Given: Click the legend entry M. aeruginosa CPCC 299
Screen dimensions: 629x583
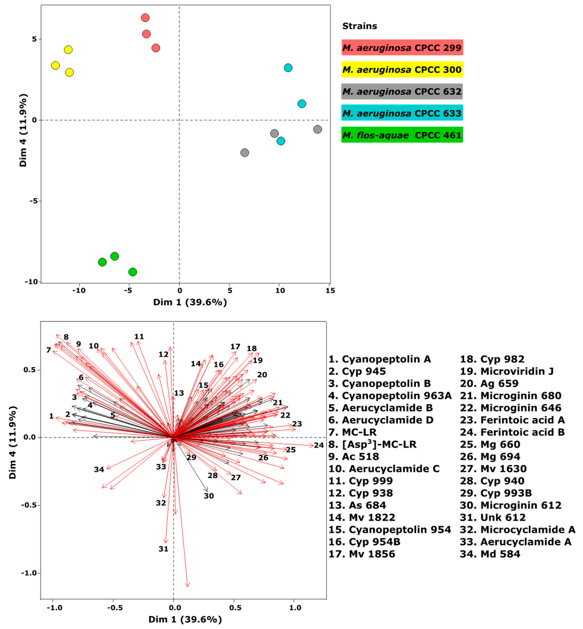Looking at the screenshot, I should click(402, 48).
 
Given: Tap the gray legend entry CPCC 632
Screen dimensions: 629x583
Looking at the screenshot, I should click(402, 91).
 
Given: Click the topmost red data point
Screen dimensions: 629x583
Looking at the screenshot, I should click(145, 18).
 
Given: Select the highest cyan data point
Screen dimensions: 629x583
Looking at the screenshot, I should click(288, 68).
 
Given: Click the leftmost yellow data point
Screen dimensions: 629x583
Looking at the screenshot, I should click(56, 65).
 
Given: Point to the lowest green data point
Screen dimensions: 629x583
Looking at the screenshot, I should click(133, 272).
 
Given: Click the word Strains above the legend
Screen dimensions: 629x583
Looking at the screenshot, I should click(360, 26).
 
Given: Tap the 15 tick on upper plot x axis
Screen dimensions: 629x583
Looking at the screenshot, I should click(330, 290).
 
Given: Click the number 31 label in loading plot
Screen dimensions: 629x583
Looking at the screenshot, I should click(163, 549).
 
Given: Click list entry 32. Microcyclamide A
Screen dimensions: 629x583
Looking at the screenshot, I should click(517, 530).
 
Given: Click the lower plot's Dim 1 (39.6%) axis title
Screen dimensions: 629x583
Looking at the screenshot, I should click(185, 619).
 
